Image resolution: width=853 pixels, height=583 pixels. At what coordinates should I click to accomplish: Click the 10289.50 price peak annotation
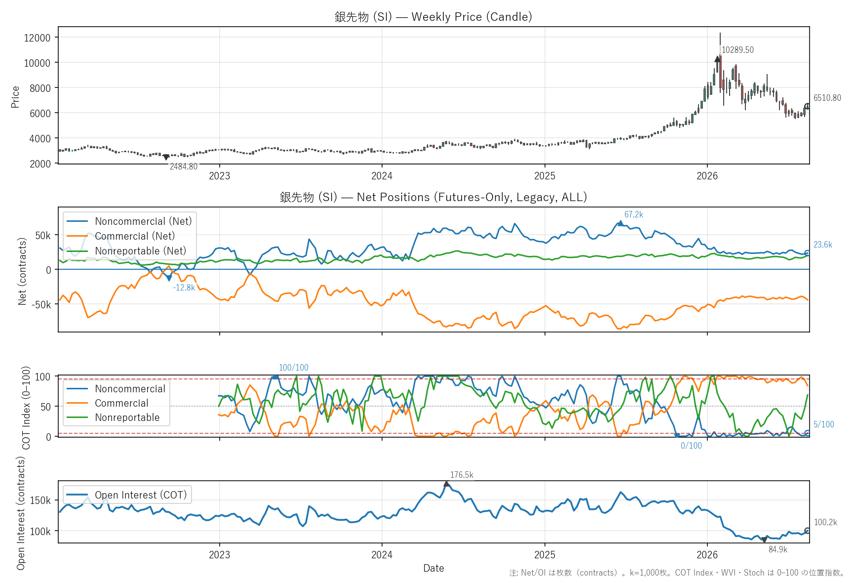point(737,50)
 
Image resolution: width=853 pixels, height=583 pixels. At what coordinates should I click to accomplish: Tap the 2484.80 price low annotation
point(184,167)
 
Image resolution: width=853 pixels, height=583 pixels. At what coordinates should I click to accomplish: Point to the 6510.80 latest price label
point(827,98)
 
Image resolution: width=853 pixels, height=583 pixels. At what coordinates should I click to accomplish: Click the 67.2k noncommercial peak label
point(634,214)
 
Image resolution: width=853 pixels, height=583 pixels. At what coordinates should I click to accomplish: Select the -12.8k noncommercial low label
point(184,288)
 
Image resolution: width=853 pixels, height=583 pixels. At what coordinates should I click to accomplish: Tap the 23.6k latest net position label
point(823,245)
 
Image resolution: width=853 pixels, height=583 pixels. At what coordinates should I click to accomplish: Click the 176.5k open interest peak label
point(462,475)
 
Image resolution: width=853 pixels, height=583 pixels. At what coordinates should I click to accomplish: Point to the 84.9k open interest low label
point(778,549)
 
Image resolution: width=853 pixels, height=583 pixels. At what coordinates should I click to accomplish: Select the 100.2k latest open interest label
point(825,522)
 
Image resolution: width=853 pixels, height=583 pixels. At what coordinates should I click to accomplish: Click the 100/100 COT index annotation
point(294,368)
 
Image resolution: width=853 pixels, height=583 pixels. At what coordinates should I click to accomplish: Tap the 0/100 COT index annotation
point(691,446)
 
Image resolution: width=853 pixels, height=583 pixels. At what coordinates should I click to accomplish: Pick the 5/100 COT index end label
point(824,424)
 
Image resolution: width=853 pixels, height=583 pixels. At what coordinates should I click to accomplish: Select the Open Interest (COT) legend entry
point(127,495)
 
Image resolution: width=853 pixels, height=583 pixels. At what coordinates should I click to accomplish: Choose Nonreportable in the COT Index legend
point(113,417)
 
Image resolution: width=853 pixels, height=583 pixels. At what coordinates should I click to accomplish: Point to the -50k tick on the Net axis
point(41,304)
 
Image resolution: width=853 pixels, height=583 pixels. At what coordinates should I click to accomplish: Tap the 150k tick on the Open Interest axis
point(40,500)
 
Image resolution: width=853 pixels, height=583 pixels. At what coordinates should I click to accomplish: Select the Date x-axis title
point(433,568)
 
